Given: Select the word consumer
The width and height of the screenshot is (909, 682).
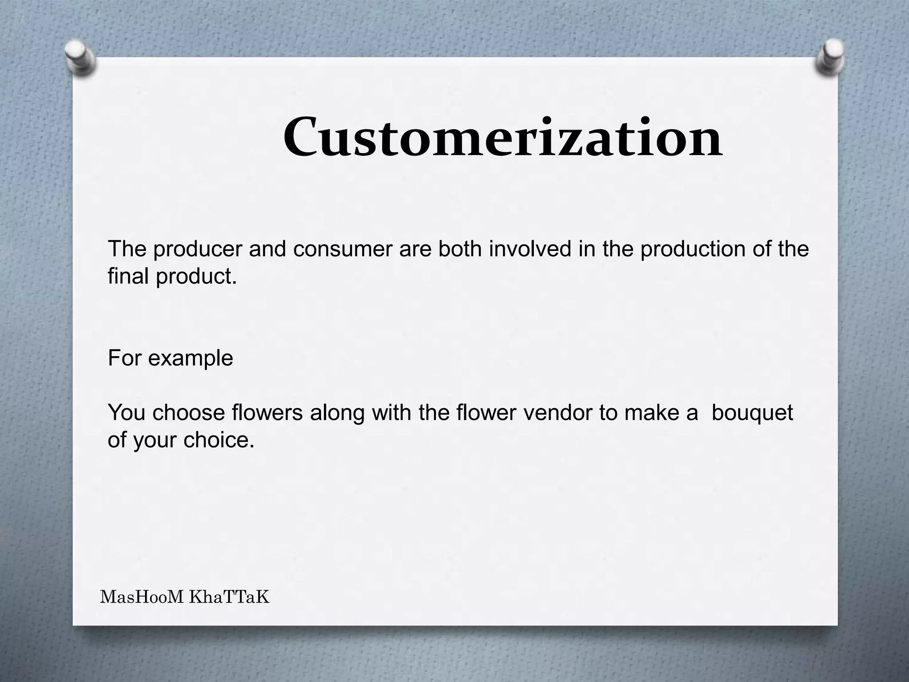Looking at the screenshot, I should (x=343, y=250).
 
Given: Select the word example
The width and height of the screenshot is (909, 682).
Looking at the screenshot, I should (x=190, y=358).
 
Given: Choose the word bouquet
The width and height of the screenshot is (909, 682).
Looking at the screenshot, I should (x=752, y=413).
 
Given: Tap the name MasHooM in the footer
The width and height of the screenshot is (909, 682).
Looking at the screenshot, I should (x=142, y=598).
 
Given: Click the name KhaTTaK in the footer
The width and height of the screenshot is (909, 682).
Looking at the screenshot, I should (x=229, y=598).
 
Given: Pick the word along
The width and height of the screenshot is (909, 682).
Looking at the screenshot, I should (x=337, y=413).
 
